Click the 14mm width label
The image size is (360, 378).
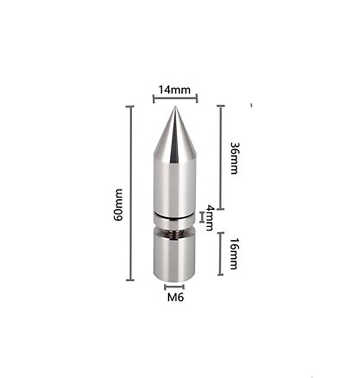click(x=175, y=90)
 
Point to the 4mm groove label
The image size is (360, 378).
click(x=209, y=217)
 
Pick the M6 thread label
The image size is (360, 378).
click(x=175, y=297)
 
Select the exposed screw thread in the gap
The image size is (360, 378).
click(x=175, y=233)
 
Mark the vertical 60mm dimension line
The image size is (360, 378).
click(x=130, y=193)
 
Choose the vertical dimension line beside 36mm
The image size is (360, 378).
click(x=220, y=157)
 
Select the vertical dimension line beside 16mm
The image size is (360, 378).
click(x=220, y=254)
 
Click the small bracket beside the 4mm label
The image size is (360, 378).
click(x=202, y=218)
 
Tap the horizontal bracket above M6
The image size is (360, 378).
click(x=174, y=286)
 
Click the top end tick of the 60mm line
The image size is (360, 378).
click(x=130, y=107)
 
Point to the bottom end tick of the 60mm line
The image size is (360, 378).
click(x=130, y=280)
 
